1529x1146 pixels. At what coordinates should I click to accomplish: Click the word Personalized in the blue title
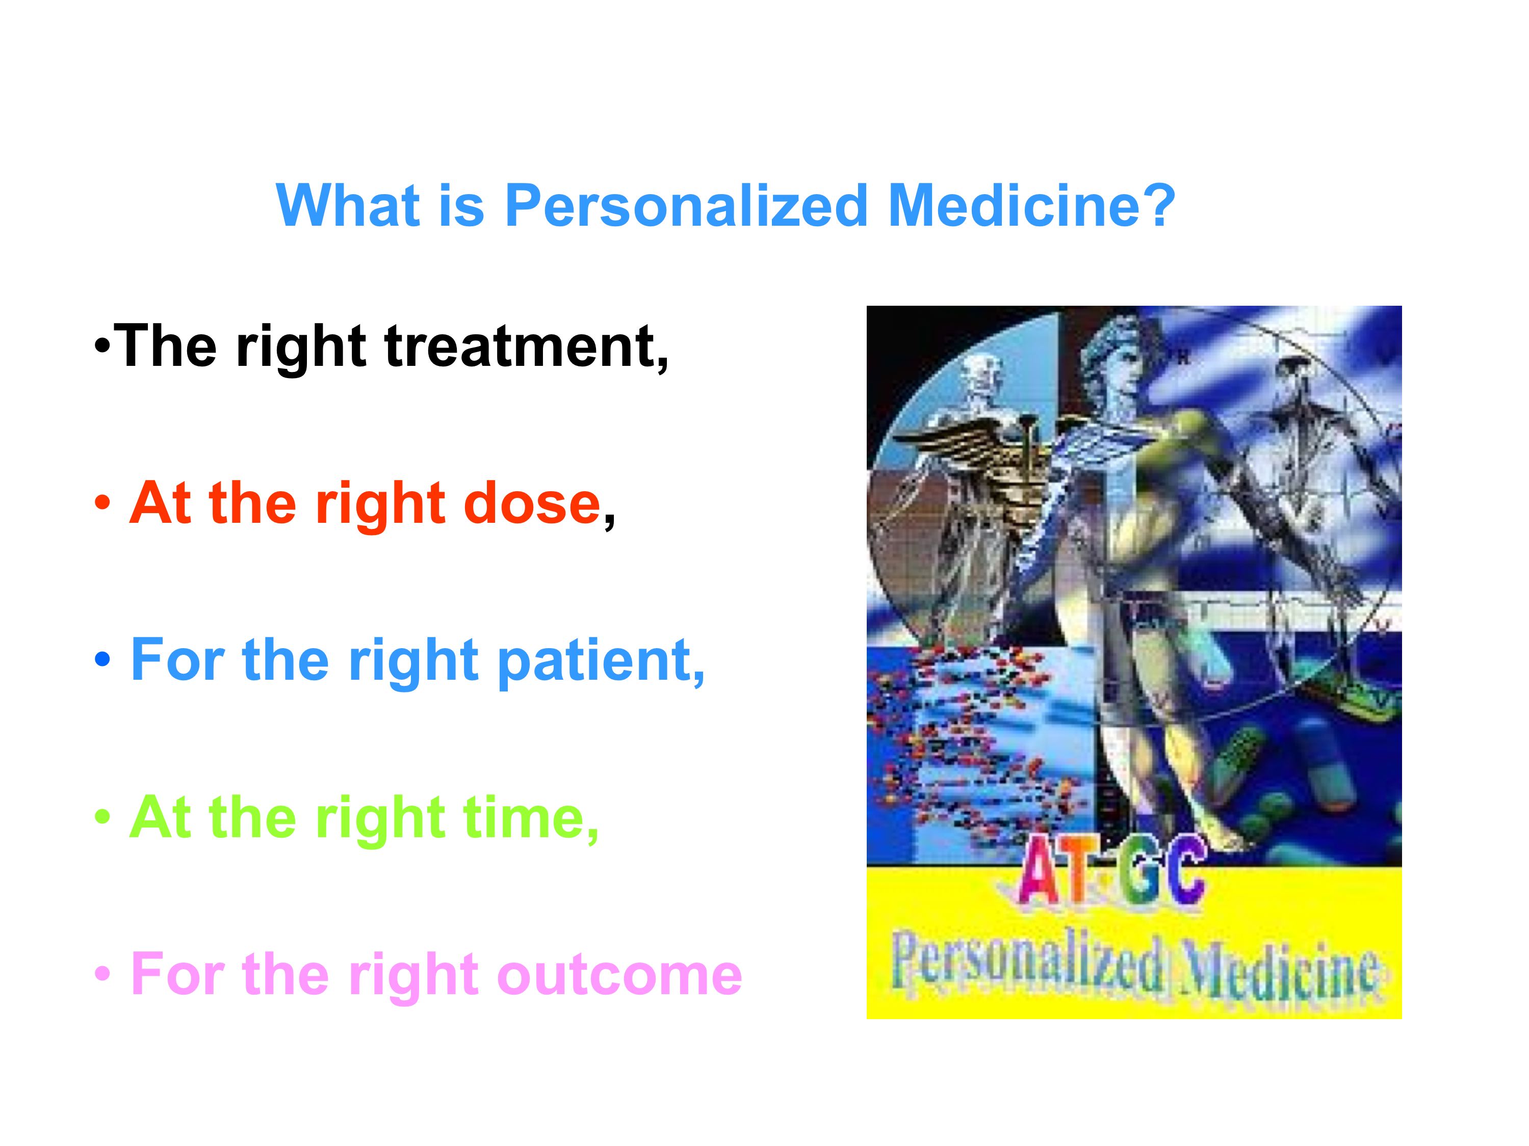point(686,206)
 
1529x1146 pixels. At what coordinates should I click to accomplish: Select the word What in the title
point(348,205)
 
